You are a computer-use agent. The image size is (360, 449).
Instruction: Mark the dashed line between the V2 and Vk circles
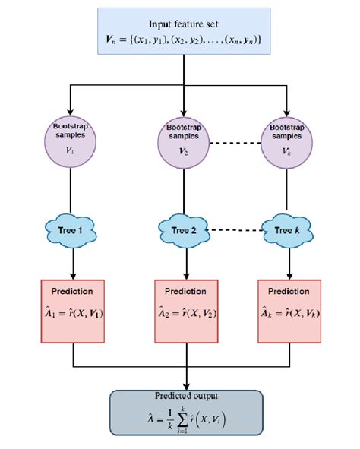coord(235,144)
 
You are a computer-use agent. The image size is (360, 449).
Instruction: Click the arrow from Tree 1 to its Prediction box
coord(73,262)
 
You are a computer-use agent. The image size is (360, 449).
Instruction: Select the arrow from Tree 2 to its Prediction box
coord(185,262)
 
